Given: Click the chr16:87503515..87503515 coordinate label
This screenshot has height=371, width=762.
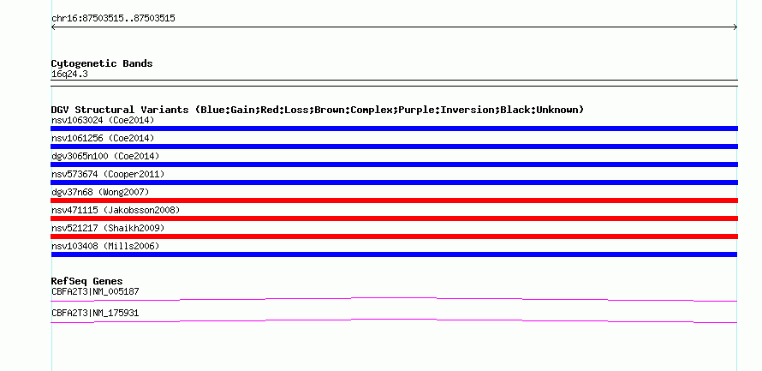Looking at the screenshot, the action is [x=113, y=19].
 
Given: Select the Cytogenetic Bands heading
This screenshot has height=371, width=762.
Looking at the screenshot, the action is [x=102, y=63].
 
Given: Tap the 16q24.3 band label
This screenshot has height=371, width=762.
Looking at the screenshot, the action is [x=69, y=75].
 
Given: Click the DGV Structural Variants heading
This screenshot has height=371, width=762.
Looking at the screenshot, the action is [x=318, y=110].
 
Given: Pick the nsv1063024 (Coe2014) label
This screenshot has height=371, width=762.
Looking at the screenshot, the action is [x=103, y=120].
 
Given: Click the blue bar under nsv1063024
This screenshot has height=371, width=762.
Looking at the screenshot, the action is [x=394, y=129].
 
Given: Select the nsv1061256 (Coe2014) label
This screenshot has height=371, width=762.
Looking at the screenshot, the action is [x=103, y=138].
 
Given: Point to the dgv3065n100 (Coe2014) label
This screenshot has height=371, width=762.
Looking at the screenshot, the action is [x=105, y=156].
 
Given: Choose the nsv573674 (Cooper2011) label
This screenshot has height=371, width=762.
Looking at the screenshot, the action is [x=108, y=174].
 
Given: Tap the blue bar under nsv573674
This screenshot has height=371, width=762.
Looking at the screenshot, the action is [x=394, y=183].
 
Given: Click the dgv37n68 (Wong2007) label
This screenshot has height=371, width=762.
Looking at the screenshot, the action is [x=100, y=192].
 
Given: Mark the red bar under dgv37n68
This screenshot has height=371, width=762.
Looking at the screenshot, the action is [x=394, y=200].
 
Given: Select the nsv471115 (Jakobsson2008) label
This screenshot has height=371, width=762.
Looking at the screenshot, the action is [x=116, y=210].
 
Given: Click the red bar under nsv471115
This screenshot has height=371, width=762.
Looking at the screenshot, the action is [x=394, y=218].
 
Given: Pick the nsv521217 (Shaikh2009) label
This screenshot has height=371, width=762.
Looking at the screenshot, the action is [x=108, y=228].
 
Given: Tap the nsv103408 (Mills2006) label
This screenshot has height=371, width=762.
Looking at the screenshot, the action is [x=105, y=246].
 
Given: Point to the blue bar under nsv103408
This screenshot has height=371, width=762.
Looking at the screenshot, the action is [x=394, y=254].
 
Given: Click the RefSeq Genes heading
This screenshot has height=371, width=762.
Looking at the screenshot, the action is [x=87, y=282].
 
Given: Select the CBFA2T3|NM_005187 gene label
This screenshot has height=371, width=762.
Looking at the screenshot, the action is [x=95, y=291].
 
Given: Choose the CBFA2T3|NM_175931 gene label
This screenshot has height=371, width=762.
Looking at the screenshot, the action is [x=95, y=313].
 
